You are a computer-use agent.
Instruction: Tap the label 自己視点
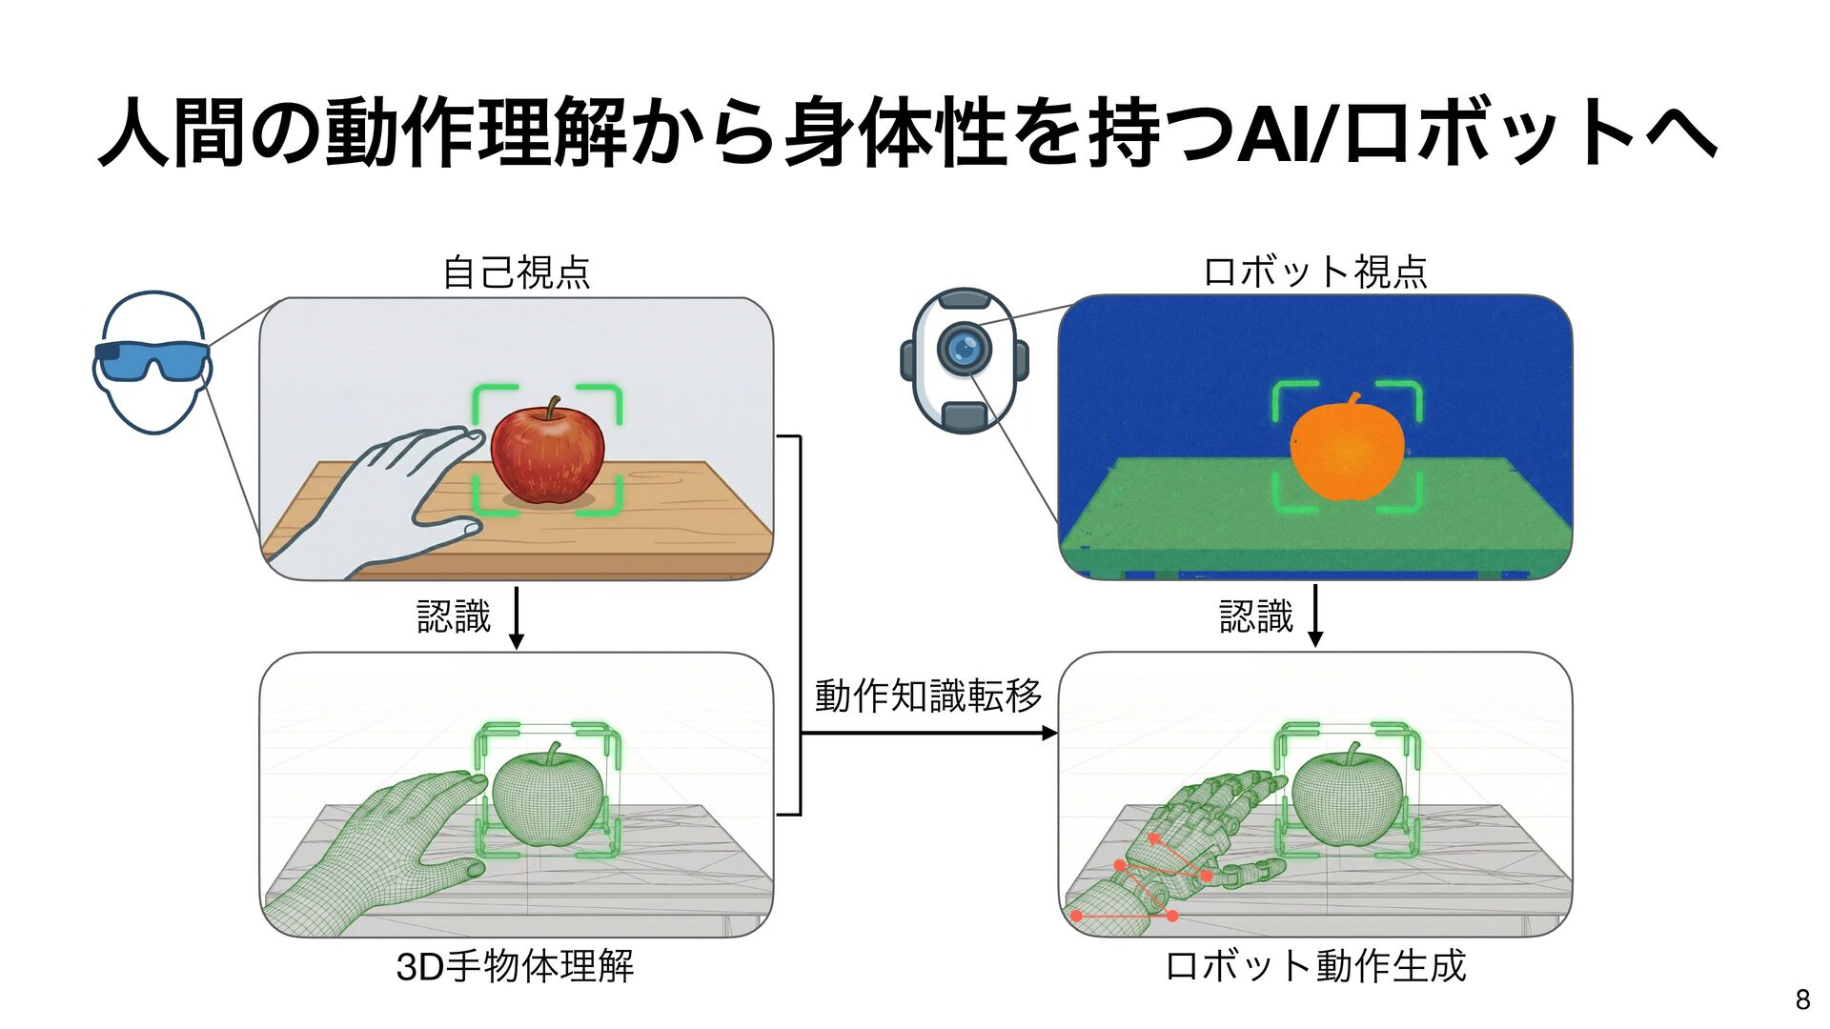(x=517, y=272)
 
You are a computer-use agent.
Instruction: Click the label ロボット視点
(x=1315, y=272)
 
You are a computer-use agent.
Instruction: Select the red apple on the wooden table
(x=547, y=453)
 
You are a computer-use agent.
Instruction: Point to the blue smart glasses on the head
(x=152, y=360)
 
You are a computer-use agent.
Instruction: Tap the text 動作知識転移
(x=928, y=696)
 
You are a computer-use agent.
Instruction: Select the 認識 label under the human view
(x=454, y=616)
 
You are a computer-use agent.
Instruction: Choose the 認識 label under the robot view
(x=1256, y=616)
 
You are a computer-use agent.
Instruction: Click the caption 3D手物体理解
(x=515, y=966)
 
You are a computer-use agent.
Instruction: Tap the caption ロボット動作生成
(x=1315, y=966)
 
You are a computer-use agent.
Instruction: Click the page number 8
(x=1801, y=999)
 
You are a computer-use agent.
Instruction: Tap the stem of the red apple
(x=552, y=409)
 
